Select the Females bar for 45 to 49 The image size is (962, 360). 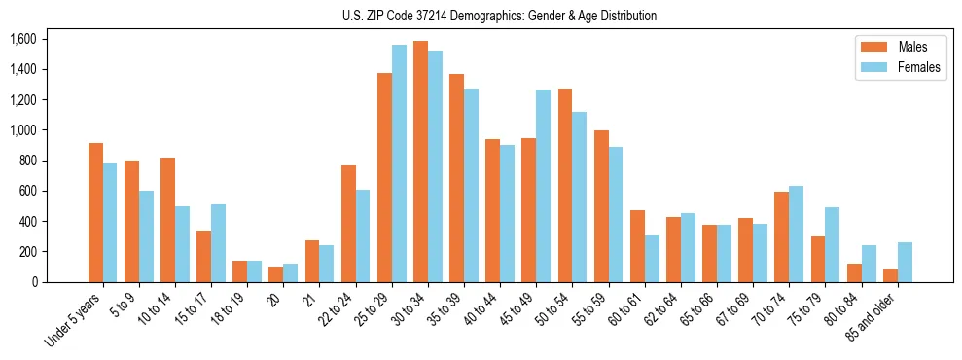tap(543, 186)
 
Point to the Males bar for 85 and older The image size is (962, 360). tap(890, 275)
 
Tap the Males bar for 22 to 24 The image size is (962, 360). tap(348, 224)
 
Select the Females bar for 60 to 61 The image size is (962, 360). tap(652, 259)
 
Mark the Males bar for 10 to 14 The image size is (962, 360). tap(167, 220)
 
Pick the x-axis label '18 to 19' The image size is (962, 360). tap(230, 307)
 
